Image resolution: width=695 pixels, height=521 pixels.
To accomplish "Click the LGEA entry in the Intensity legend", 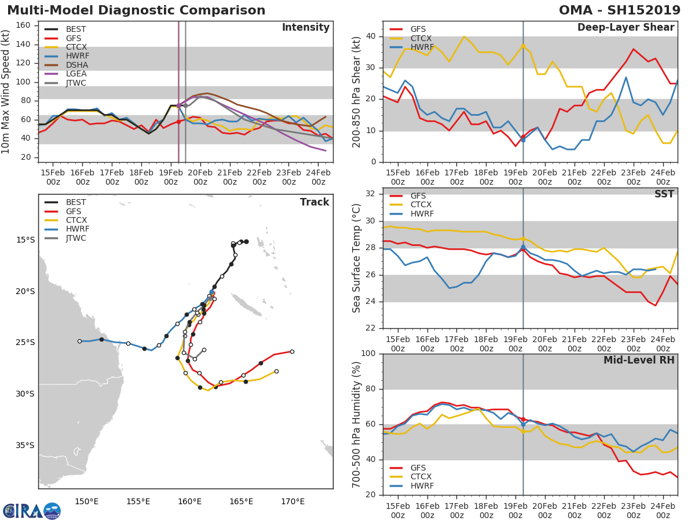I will (76, 74).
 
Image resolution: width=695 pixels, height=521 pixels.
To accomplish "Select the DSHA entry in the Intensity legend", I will (76, 65).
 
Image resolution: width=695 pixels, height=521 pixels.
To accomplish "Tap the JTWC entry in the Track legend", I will (76, 239).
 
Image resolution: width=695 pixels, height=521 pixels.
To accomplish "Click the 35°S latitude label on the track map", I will (25, 445).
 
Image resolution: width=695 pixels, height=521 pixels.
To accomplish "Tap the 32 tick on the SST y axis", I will (371, 194).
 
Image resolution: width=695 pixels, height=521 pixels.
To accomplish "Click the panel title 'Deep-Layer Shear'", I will (625, 28).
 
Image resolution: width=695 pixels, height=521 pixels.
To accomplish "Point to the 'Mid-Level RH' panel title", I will (639, 361).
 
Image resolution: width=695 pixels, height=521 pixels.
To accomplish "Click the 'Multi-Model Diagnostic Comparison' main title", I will (136, 10).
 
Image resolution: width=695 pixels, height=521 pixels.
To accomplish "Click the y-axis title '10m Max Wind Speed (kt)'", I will (6, 93).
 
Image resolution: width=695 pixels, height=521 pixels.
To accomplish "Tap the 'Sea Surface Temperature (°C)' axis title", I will (357, 258).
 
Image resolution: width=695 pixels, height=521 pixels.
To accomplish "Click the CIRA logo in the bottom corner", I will (31, 511).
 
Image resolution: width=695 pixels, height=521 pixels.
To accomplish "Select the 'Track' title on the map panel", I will (314, 203).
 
